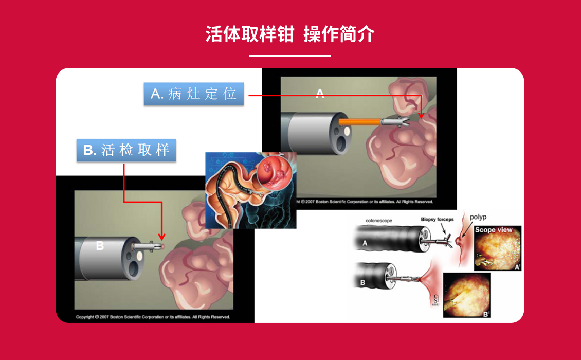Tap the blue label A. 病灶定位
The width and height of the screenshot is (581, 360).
[x=194, y=94]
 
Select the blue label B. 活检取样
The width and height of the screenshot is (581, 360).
[x=126, y=150]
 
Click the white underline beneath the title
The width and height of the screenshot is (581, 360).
[x=290, y=56]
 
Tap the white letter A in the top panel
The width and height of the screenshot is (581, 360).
[x=320, y=93]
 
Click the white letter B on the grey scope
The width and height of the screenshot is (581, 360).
[x=100, y=246]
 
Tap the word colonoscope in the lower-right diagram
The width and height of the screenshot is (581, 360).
[x=379, y=221]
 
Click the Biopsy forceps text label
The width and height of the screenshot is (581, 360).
[x=438, y=220]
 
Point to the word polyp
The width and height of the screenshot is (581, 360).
[x=478, y=217]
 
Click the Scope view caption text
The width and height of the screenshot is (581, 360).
[x=494, y=230]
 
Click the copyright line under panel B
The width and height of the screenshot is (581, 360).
[x=153, y=317]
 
